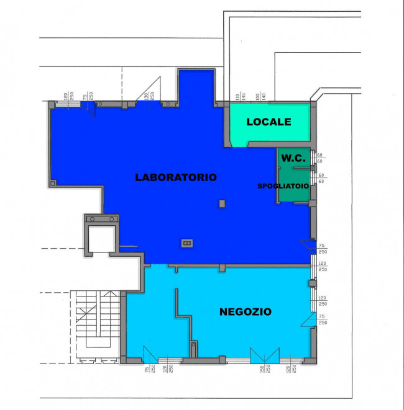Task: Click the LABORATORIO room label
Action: coord(176,177)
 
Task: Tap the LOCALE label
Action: coord(269,122)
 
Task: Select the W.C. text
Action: coord(292,158)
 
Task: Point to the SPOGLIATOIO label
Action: coord(283,186)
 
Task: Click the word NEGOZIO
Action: coord(245,312)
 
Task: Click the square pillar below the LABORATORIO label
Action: coord(222,203)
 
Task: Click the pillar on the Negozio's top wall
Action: coord(221,268)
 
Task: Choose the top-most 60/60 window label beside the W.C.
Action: coord(321,158)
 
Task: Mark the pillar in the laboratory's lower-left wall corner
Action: coord(53,182)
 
